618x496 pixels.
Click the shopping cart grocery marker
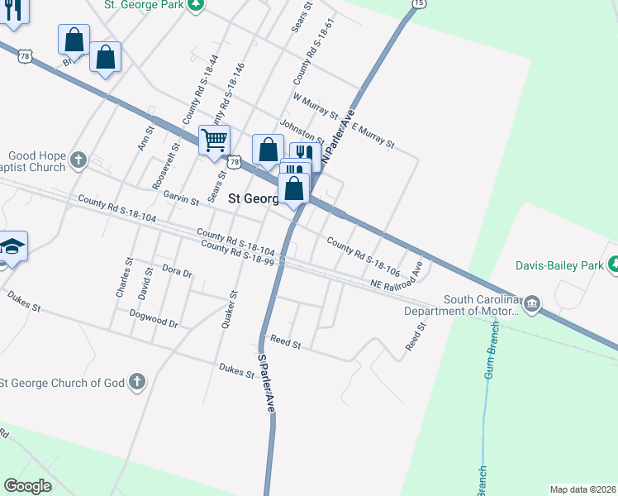(x=214, y=140)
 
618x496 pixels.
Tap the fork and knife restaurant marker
(x=306, y=155)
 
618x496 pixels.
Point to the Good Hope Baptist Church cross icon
(x=78, y=159)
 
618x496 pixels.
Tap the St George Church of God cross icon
(x=137, y=382)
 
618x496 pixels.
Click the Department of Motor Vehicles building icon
(x=532, y=304)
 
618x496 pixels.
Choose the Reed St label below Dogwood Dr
(x=285, y=343)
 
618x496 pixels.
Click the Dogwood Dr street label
(x=154, y=319)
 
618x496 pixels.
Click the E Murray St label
(x=373, y=136)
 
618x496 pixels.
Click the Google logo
(x=28, y=485)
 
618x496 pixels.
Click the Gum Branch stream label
(x=491, y=349)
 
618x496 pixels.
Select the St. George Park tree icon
(x=195, y=4)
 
